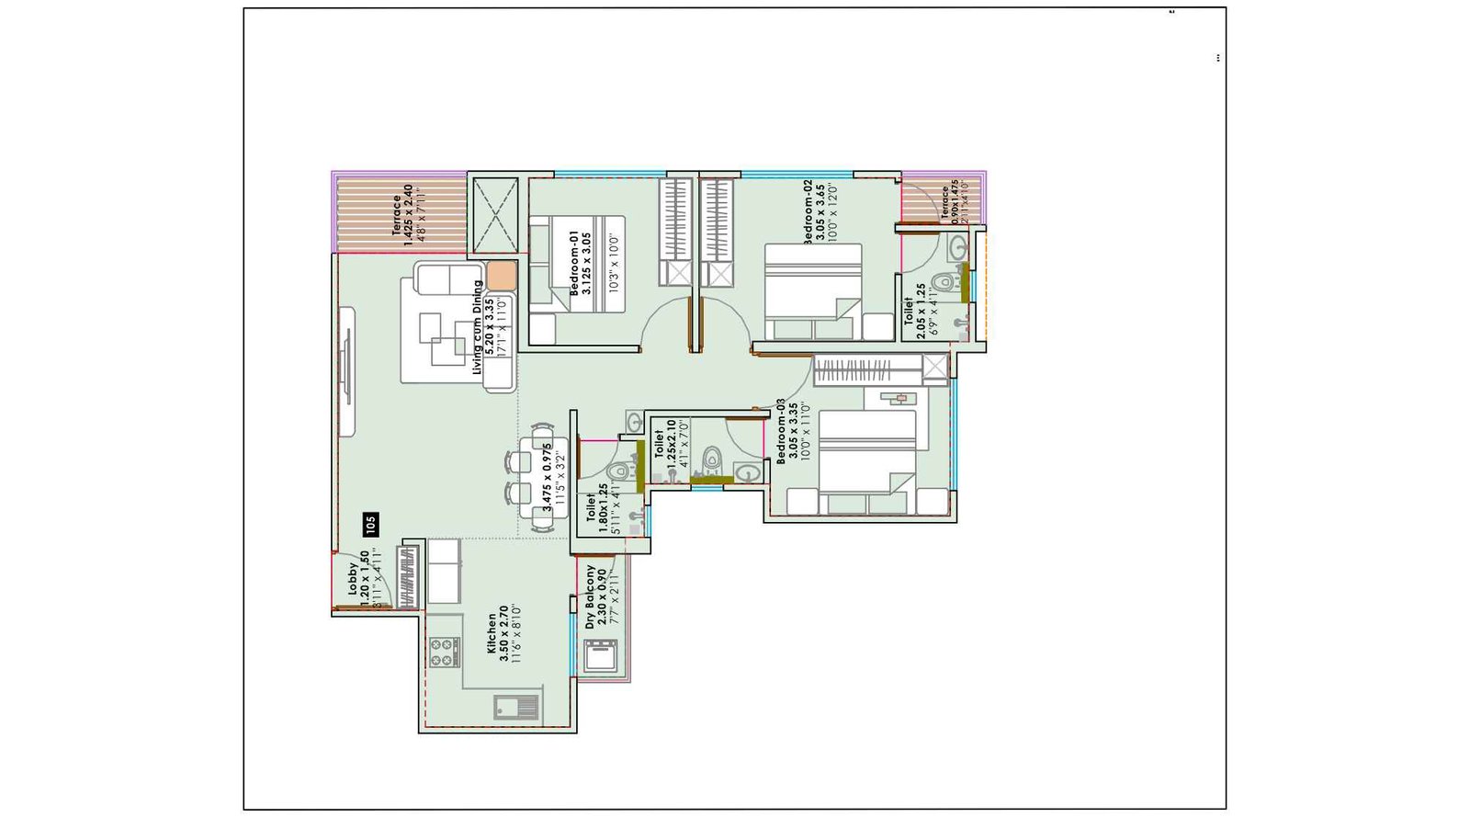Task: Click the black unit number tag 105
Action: pos(370,525)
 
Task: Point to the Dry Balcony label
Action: pos(590,597)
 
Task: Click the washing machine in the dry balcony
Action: pos(601,656)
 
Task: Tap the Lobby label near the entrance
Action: pos(352,579)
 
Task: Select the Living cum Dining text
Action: pos(477,327)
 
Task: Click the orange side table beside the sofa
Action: pos(502,276)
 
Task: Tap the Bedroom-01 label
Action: pos(575,263)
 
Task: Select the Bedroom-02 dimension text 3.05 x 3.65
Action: pos(820,212)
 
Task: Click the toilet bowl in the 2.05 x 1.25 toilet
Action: pos(944,281)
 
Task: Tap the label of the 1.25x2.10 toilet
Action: pos(659,445)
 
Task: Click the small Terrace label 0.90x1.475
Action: pos(944,203)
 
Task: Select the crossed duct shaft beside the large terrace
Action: pos(495,214)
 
